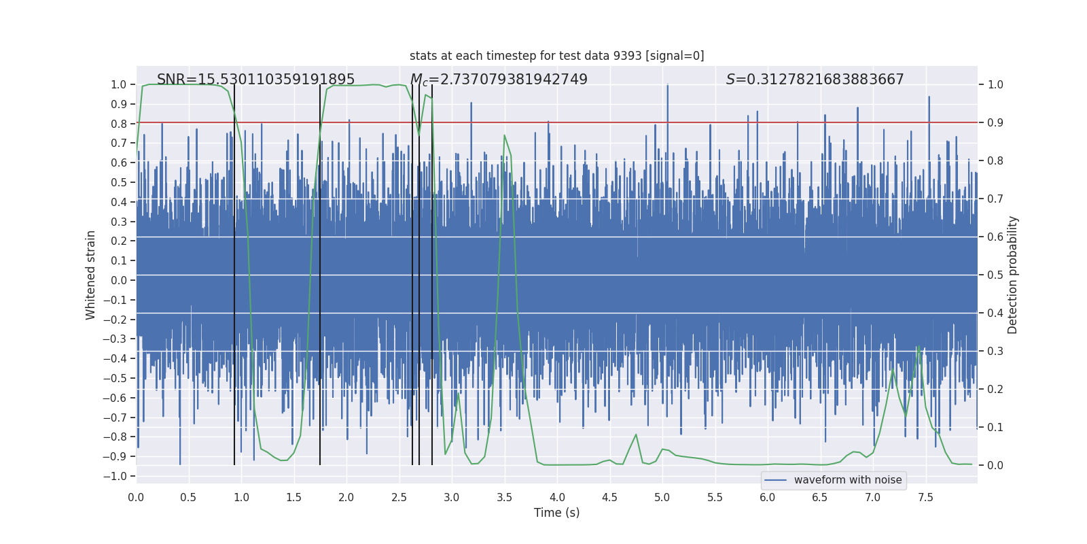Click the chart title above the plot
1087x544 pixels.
point(556,56)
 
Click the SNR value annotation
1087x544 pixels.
point(255,80)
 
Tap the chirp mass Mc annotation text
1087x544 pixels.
point(499,80)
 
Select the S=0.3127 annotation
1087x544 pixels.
point(815,80)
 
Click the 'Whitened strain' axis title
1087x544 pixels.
point(91,275)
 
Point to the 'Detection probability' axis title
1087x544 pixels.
point(1012,275)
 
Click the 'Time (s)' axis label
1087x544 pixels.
point(556,513)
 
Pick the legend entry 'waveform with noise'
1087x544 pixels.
point(847,480)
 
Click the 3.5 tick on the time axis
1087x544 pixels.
point(504,497)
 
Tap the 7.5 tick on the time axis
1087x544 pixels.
point(925,497)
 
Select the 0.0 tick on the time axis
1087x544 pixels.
point(136,497)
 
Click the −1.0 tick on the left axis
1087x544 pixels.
point(115,476)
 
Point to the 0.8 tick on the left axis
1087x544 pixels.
point(119,124)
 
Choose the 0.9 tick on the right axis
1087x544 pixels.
point(995,123)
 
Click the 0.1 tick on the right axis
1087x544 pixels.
point(995,428)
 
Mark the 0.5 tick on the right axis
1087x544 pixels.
point(995,275)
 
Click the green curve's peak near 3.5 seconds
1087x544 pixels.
point(504,135)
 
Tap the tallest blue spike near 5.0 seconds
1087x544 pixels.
point(667,86)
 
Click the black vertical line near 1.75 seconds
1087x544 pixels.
point(320,272)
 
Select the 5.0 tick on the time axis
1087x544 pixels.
point(662,497)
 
